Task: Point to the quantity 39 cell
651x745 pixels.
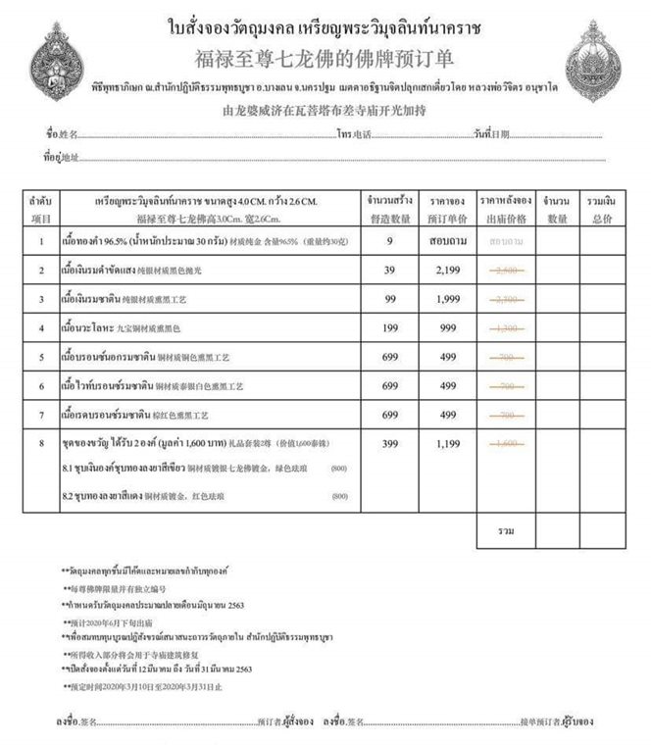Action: point(390,270)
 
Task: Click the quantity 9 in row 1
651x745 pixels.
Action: point(390,239)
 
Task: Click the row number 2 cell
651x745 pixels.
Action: point(41,270)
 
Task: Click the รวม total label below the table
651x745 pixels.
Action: point(507,530)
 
